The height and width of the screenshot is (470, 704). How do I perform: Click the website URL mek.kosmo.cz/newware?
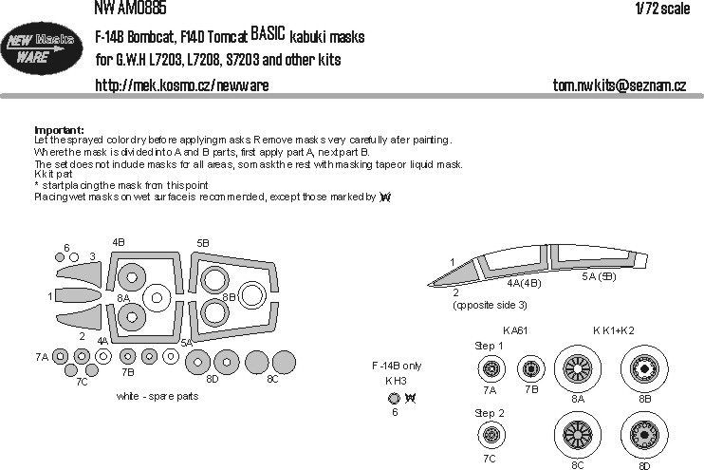(x=182, y=85)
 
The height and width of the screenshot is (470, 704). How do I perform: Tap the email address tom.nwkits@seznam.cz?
(x=619, y=85)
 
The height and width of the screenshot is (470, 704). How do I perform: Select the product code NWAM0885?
(x=130, y=9)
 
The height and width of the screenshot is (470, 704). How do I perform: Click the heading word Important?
(x=59, y=130)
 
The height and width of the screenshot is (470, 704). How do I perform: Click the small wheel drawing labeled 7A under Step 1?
(x=491, y=368)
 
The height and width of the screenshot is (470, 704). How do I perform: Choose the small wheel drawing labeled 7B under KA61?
(x=529, y=368)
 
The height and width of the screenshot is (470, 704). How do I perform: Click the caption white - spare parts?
(x=157, y=396)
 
